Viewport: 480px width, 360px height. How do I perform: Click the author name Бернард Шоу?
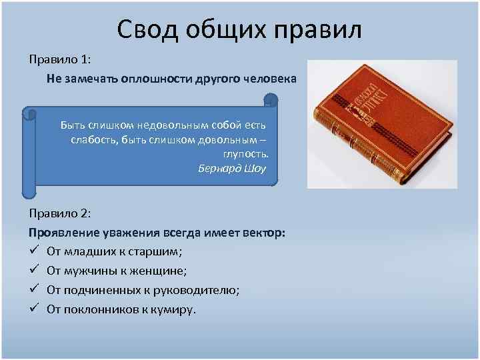pyautogui.click(x=231, y=168)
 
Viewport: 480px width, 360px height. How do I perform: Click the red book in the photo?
pyautogui.click(x=381, y=123)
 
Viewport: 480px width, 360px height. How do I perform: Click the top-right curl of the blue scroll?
pyautogui.click(x=270, y=100)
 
